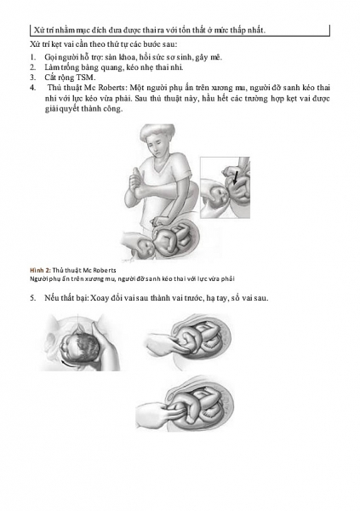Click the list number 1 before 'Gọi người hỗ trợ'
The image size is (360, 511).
click(x=32, y=57)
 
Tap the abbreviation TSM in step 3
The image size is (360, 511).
click(x=85, y=78)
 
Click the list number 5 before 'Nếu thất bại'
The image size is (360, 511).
click(x=32, y=298)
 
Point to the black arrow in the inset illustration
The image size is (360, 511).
click(x=236, y=178)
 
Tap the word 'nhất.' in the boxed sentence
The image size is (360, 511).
click(x=256, y=31)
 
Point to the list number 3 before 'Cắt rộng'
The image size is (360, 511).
click(x=32, y=78)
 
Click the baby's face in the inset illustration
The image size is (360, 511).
click(x=218, y=195)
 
